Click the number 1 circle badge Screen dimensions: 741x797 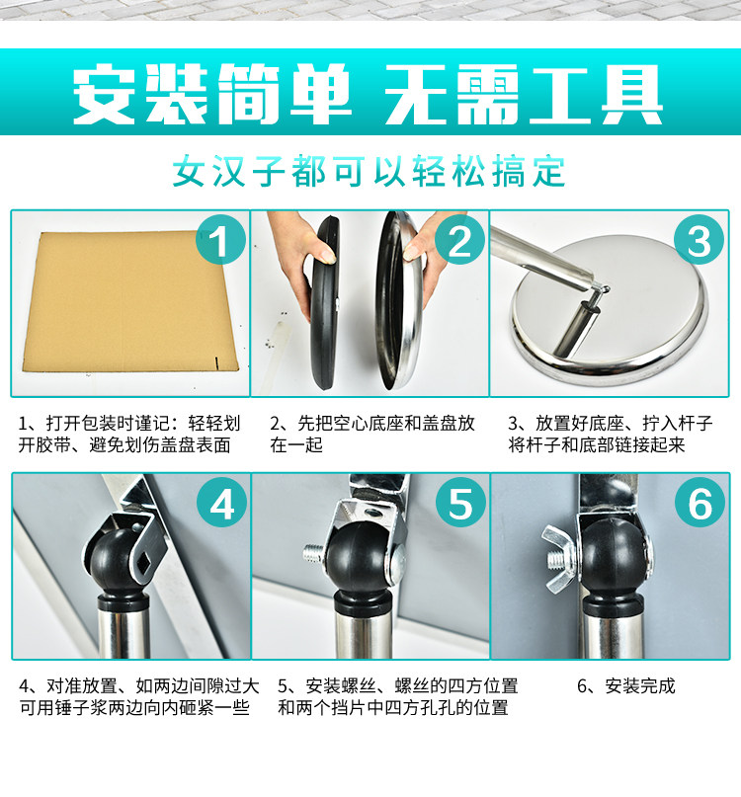[220, 239]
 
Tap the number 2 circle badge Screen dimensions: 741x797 [459, 239]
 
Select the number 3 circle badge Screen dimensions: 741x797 [700, 239]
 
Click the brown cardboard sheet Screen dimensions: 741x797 [129, 301]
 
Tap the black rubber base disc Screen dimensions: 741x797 [325, 302]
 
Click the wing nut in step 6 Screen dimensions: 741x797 [558, 559]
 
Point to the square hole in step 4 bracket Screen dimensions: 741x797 [144, 563]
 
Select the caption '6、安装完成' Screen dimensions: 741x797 [626, 686]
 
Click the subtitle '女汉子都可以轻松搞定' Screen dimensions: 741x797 [370, 171]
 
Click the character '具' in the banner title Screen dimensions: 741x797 [632, 94]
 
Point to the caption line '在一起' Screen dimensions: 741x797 [296, 444]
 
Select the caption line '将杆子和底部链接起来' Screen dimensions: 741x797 [597, 444]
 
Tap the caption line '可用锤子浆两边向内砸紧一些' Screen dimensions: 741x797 [134, 707]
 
